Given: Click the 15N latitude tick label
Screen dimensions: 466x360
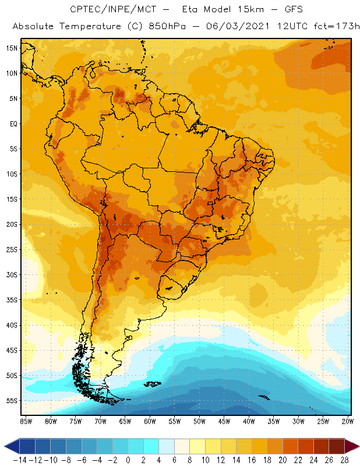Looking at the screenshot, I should coord(12,48).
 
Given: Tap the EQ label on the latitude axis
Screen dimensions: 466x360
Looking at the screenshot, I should coord(13,123).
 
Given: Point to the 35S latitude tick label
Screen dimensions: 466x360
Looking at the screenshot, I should coord(12,299).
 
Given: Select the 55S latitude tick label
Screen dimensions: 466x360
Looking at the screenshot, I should coord(12,400).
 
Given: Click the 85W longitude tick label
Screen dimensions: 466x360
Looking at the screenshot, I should coord(26,421).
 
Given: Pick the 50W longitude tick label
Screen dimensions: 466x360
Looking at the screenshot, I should coord(200,421).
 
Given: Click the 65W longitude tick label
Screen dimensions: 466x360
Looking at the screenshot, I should coord(125,421).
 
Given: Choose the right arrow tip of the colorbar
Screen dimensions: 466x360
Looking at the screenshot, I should coord(356,446).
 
